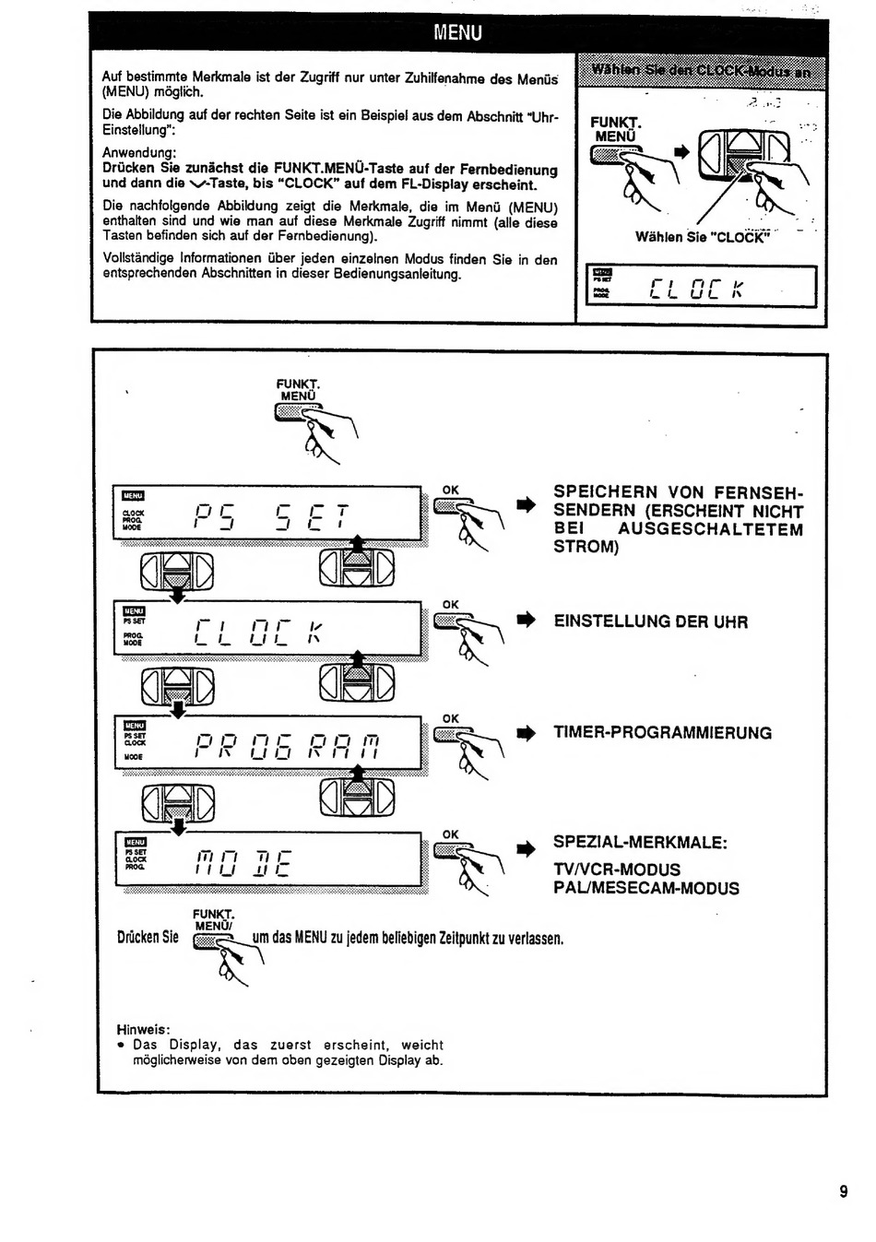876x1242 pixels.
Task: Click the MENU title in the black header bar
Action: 458,33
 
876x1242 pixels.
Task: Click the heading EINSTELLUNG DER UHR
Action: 650,621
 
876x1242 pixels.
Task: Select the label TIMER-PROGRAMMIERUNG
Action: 662,733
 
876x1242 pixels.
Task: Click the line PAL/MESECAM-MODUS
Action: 645,889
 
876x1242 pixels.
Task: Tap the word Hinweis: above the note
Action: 143,1029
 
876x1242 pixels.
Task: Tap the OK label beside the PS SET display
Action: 450,491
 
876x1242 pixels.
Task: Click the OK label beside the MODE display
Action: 450,834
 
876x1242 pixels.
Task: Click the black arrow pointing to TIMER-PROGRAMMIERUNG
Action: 526,734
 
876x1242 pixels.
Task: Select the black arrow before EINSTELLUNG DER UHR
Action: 526,621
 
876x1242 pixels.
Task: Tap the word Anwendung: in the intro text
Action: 139,152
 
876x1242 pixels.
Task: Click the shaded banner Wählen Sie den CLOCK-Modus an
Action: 701,71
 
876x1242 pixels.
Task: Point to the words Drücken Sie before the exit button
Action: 148,938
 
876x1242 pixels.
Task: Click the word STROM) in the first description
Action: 586,547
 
